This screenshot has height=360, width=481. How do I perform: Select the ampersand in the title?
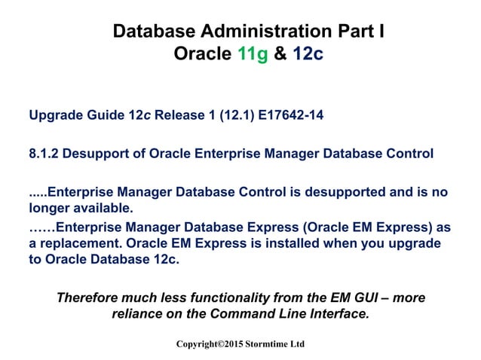point(279,54)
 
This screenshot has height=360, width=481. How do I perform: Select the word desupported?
point(308,191)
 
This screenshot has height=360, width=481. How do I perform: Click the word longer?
point(51,206)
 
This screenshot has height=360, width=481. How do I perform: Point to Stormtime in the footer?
point(264,343)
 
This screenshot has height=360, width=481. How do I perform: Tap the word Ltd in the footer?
point(297,343)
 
